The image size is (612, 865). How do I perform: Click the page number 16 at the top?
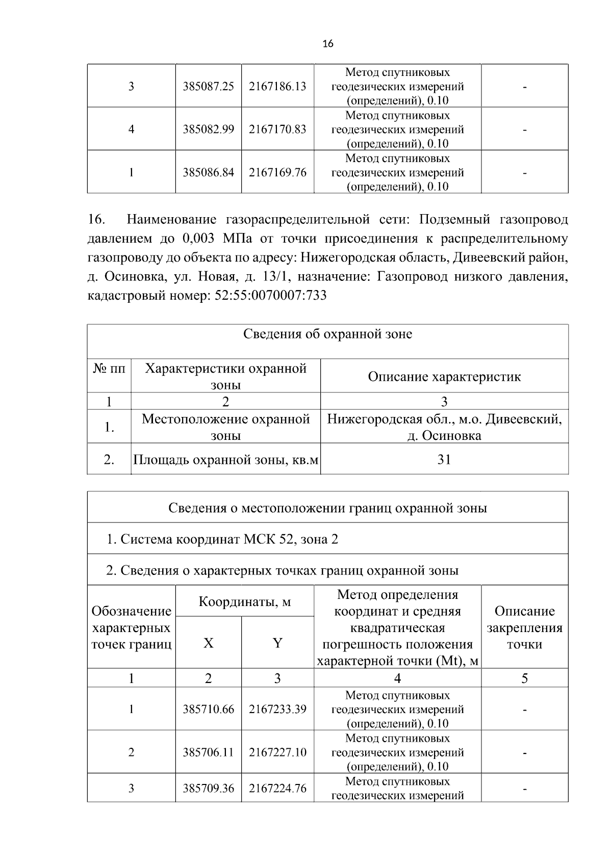coord(328,44)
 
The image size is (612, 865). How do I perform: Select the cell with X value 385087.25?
coord(208,86)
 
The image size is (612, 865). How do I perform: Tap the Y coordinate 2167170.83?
coord(277,129)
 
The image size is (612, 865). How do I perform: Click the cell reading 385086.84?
coord(208,172)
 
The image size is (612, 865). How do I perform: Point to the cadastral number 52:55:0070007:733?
coord(268,296)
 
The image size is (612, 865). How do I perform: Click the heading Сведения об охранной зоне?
coord(327,334)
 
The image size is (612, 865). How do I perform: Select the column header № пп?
coord(109,369)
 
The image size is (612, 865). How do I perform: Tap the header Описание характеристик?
coord(444,377)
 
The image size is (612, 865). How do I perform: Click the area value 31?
coord(444,460)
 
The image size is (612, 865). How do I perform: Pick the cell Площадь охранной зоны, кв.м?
coord(226,460)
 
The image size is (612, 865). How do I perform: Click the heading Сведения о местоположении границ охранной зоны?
coord(327,508)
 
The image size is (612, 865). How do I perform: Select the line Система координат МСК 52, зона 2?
coord(222,539)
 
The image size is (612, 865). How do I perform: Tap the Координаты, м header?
coord(245,601)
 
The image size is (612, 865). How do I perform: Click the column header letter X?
coord(208,643)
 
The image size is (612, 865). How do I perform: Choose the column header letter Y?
coord(277,643)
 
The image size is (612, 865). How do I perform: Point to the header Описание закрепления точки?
coord(524,627)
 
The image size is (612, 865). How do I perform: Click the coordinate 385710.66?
coord(208,709)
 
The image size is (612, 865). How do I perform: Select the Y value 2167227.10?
coord(277,752)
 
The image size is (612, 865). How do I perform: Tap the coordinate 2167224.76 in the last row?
coord(277,789)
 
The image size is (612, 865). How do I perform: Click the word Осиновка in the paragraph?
coord(132,277)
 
